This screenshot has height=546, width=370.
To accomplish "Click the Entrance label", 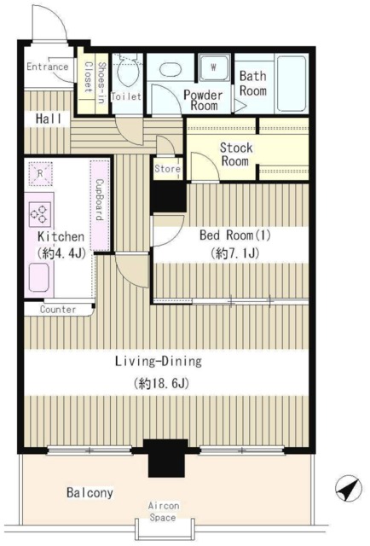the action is pyautogui.click(x=48, y=67).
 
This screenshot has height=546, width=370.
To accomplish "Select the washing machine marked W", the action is pyautogui.click(x=214, y=68).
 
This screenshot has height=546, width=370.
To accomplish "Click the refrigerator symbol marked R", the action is pyautogui.click(x=40, y=173).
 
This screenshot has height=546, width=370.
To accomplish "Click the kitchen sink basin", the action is pyautogui.click(x=38, y=277).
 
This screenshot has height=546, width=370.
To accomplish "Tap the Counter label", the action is pyautogui.click(x=58, y=310).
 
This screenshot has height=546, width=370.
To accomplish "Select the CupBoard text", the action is pyautogui.click(x=100, y=200).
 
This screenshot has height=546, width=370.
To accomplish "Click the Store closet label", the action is pyautogui.click(x=167, y=169).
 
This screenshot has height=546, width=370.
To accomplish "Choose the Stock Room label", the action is pyautogui.click(x=235, y=154).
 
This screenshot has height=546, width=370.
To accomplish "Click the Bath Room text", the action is pyautogui.click(x=253, y=84).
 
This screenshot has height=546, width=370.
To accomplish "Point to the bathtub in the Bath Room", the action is pyautogui.click(x=292, y=84).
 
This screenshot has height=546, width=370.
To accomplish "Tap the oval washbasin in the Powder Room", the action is pyautogui.click(x=171, y=69).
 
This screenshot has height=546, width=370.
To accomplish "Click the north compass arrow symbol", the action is pyautogui.click(x=348, y=488).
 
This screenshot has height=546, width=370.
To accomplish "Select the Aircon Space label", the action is pyautogui.click(x=163, y=511).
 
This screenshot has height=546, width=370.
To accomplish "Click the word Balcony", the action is pyautogui.click(x=90, y=493).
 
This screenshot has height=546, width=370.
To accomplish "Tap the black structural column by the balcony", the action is pyautogui.click(x=165, y=458).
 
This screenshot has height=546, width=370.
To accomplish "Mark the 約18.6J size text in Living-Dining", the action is pyautogui.click(x=161, y=384).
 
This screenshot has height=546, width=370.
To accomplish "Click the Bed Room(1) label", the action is pyautogui.click(x=235, y=235).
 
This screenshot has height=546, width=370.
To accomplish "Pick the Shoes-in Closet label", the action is pyautogui.click(x=94, y=82).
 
